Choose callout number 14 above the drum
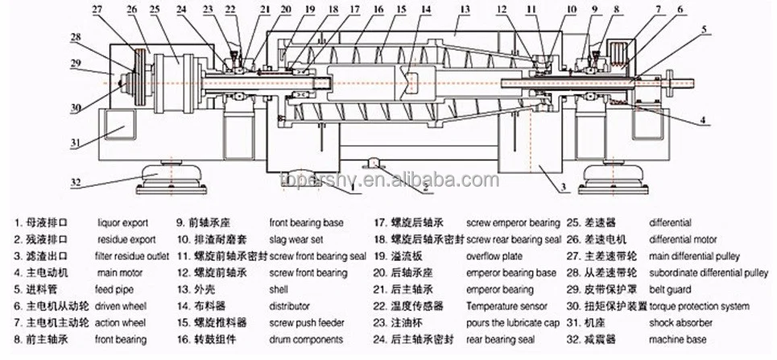(427, 10)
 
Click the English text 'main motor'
(120, 273)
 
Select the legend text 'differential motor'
(683, 239)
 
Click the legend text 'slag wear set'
(296, 239)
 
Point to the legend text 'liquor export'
(124, 222)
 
